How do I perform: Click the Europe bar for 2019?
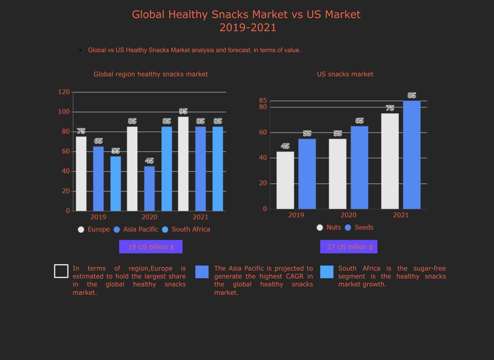coord(81,174)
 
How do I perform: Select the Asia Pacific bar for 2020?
coord(149,188)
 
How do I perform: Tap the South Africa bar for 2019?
coord(116,183)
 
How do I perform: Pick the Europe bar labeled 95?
coord(183,164)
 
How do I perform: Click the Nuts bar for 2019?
coord(285,180)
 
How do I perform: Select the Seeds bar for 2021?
coord(412,155)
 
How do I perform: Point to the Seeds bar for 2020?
coord(359,167)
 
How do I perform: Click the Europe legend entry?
coord(94,229)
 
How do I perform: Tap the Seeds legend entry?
coord(359,227)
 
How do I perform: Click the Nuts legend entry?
coord(329,227)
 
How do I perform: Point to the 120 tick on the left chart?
coord(64,92)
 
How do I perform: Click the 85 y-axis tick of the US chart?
coord(263,101)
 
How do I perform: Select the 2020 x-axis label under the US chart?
coord(348,215)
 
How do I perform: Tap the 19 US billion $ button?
coord(151,247)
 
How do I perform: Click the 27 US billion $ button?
coord(349,247)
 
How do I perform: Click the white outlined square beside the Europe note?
coord(61,271)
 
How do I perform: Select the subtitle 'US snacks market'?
coord(345,74)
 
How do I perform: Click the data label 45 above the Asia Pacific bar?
coord(149,161)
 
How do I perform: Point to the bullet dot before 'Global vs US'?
coord(80,50)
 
